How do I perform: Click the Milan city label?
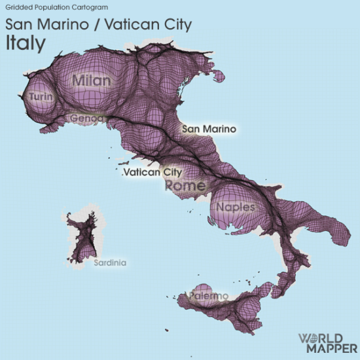click(92, 80)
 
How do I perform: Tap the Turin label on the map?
click(37, 97)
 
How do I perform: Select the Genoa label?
click(86, 118)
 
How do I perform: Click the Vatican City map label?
click(153, 172)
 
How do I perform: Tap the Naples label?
click(235, 207)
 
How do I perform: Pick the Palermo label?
click(209, 296)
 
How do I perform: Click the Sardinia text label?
click(109, 263)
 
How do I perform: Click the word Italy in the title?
click(26, 43)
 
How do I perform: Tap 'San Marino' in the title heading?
click(42, 25)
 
